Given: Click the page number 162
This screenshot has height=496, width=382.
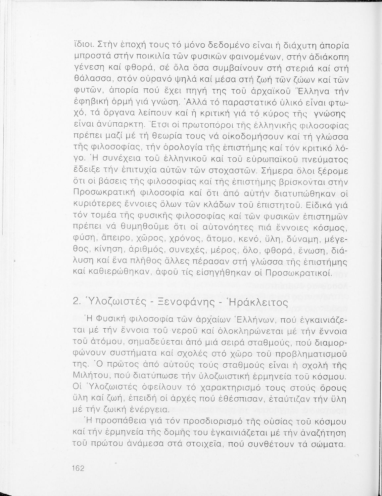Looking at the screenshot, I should point(78,468).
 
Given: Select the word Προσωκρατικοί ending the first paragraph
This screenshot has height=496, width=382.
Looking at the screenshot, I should point(299,273).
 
